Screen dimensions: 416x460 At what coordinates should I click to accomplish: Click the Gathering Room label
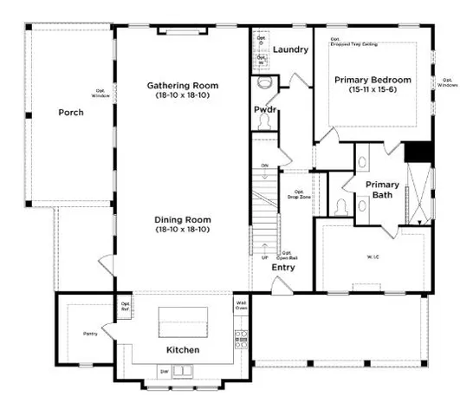click(x=182, y=86)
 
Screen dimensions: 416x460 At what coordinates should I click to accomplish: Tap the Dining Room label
click(x=182, y=220)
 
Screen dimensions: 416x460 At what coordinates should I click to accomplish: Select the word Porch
click(x=70, y=113)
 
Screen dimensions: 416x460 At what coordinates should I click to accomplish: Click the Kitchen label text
click(x=183, y=350)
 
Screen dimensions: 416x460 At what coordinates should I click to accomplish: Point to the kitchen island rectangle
click(x=183, y=324)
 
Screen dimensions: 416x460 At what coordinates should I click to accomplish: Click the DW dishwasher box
click(x=165, y=371)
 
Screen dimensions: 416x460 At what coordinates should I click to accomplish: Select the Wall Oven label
click(x=242, y=305)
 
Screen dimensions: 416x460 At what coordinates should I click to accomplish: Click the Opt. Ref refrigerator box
click(x=126, y=305)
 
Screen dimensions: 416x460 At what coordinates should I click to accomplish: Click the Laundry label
click(x=290, y=49)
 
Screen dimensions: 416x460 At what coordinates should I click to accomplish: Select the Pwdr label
click(x=265, y=110)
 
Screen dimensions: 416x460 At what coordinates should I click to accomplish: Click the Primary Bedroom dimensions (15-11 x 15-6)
click(x=373, y=90)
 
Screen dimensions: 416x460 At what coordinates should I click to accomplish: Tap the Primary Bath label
click(x=382, y=190)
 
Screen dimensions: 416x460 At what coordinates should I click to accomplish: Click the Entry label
click(x=283, y=268)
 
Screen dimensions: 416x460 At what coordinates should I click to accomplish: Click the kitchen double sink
click(x=184, y=372)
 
